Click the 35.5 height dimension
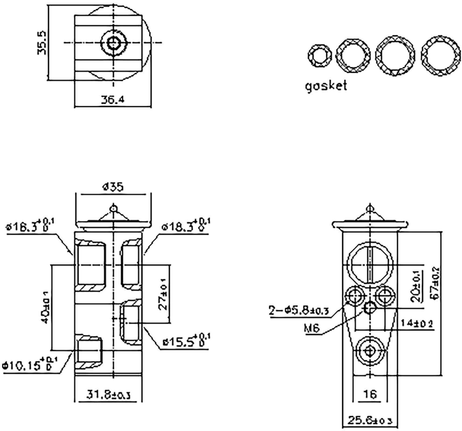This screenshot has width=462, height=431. (42, 42)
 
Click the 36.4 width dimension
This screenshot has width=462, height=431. (113, 100)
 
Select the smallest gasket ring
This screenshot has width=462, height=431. (320, 56)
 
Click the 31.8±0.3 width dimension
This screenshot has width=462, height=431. (108, 395)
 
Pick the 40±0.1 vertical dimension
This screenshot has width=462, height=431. (45, 307)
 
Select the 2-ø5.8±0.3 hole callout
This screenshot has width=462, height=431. (299, 311)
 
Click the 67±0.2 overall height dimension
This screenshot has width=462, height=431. (436, 282)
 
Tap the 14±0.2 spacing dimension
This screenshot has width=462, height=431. (416, 323)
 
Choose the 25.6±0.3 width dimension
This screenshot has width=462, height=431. (370, 420)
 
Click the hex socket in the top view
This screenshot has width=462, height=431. (113, 43)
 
